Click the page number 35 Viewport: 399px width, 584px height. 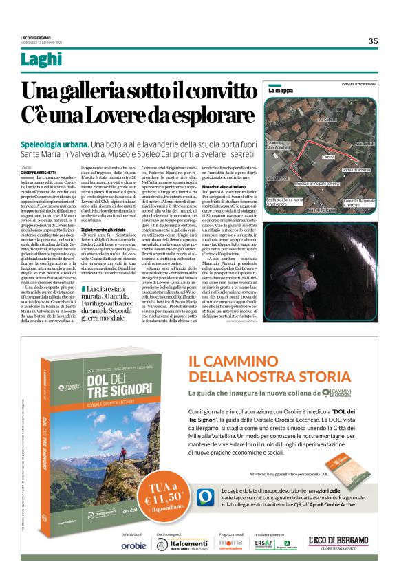(372, 41)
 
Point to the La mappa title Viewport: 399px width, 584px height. (281, 90)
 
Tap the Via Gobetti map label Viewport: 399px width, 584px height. (327, 120)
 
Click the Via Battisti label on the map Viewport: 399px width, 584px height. (365, 143)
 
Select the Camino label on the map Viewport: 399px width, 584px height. (329, 157)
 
